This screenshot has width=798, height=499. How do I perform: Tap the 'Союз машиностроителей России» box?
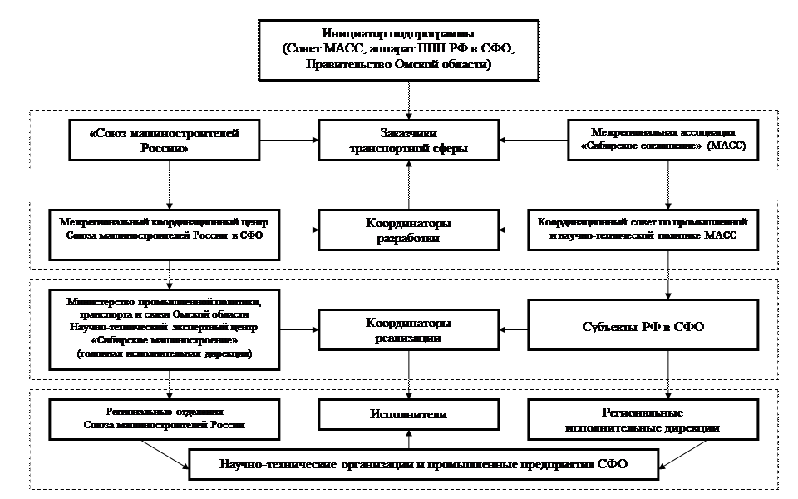point(170,141)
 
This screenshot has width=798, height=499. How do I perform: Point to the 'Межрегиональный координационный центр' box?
point(170,230)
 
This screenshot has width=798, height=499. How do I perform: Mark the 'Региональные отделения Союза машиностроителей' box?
point(170,419)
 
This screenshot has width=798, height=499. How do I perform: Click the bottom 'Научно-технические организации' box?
point(423,464)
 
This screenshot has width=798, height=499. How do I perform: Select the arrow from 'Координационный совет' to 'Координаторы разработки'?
point(515,230)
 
